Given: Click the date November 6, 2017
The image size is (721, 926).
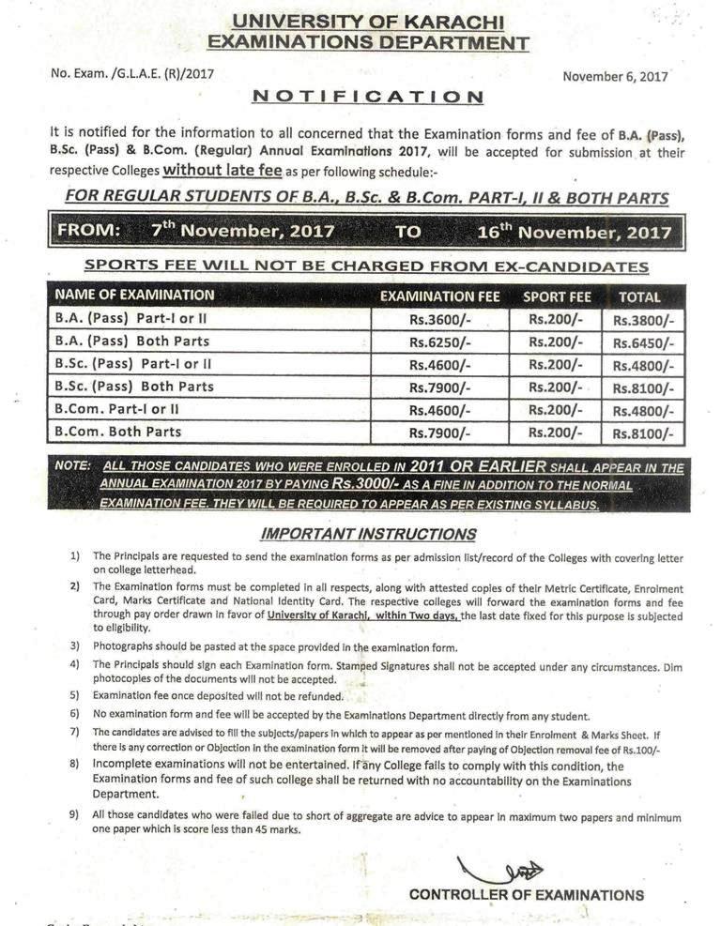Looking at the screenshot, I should click(x=615, y=77).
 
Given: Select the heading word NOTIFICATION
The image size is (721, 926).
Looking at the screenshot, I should click(x=368, y=97).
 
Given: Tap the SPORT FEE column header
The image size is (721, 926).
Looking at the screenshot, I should click(x=557, y=296).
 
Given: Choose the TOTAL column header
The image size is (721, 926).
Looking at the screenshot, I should click(x=639, y=296).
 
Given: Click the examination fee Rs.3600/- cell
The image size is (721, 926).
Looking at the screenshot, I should click(x=440, y=319).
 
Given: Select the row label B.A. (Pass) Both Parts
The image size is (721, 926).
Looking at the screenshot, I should click(x=132, y=342).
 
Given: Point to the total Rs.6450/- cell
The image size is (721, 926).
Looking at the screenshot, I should click(x=643, y=342).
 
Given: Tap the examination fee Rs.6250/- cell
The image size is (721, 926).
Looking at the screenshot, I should click(x=440, y=342).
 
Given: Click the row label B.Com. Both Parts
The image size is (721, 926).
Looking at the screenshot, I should click(x=118, y=433).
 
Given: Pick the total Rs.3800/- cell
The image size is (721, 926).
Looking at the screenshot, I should click(x=643, y=320).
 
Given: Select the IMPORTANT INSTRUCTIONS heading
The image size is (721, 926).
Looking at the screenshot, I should click(x=368, y=534).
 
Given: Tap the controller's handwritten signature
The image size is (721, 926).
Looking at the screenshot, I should click(x=499, y=871).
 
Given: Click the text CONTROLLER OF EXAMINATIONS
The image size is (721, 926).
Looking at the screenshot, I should click(x=526, y=895).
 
